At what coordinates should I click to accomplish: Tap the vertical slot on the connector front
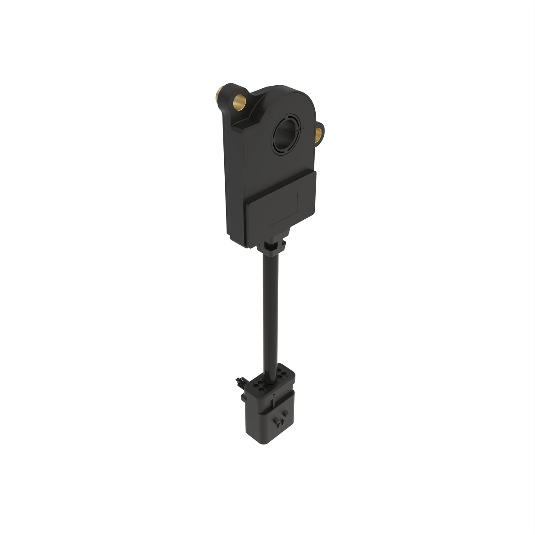(273, 403)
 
